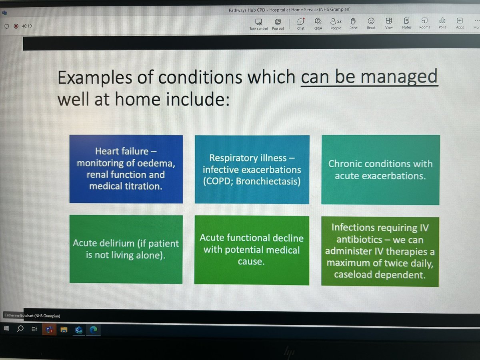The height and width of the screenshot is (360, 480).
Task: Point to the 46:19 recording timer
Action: [27, 26]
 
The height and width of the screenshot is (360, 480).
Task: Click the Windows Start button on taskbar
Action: [7, 329]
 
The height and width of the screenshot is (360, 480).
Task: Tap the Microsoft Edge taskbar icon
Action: [94, 330]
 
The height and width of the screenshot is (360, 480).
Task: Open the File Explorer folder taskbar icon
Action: [63, 330]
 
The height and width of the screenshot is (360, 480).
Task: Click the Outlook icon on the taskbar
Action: [79, 330]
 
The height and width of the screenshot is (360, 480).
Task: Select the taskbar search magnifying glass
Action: [20, 329]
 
